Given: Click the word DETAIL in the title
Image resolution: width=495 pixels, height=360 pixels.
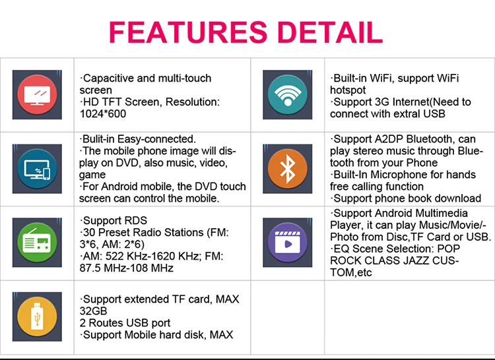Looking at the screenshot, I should [327, 31].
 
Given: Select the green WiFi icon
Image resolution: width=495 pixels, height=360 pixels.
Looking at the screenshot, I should [286, 94].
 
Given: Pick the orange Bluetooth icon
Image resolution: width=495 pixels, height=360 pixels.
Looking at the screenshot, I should [286, 169].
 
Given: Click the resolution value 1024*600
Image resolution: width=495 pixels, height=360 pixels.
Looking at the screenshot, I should [104, 114].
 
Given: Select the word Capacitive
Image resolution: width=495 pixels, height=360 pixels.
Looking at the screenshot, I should [110, 78].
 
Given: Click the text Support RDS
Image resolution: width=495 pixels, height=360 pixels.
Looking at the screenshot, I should [113, 220].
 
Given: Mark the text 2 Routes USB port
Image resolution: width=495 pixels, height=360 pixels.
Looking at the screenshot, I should [125, 323].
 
